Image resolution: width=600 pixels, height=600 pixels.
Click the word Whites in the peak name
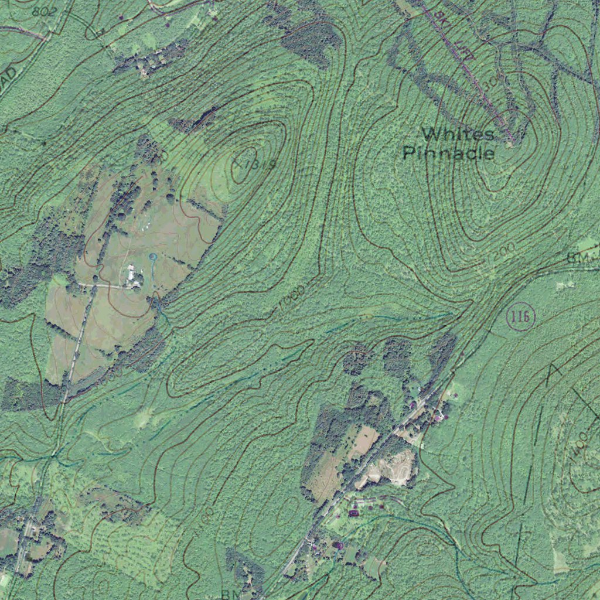point(458,134)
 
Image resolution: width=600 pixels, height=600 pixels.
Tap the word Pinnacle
point(449,154)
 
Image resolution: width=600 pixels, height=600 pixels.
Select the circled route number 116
point(520,318)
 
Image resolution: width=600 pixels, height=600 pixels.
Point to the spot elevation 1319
point(254,165)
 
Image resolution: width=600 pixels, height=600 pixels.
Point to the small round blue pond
point(153,257)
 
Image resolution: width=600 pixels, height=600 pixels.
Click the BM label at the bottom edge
point(228,594)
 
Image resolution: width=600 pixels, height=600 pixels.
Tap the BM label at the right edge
point(577,258)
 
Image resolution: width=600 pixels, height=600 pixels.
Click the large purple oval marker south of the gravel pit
point(354,513)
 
